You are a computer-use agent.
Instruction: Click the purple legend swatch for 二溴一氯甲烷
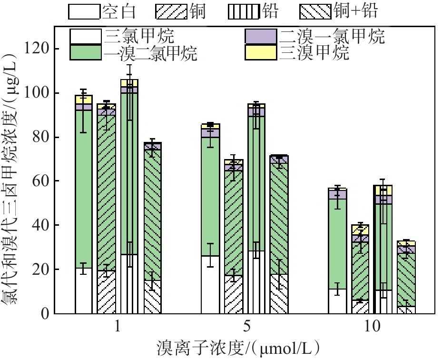260,36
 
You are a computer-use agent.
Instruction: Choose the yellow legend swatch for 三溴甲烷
260,52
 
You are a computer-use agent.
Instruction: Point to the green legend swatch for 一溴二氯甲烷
86,52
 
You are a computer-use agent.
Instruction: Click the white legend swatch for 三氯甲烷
86,36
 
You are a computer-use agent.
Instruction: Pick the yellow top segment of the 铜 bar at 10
360,230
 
